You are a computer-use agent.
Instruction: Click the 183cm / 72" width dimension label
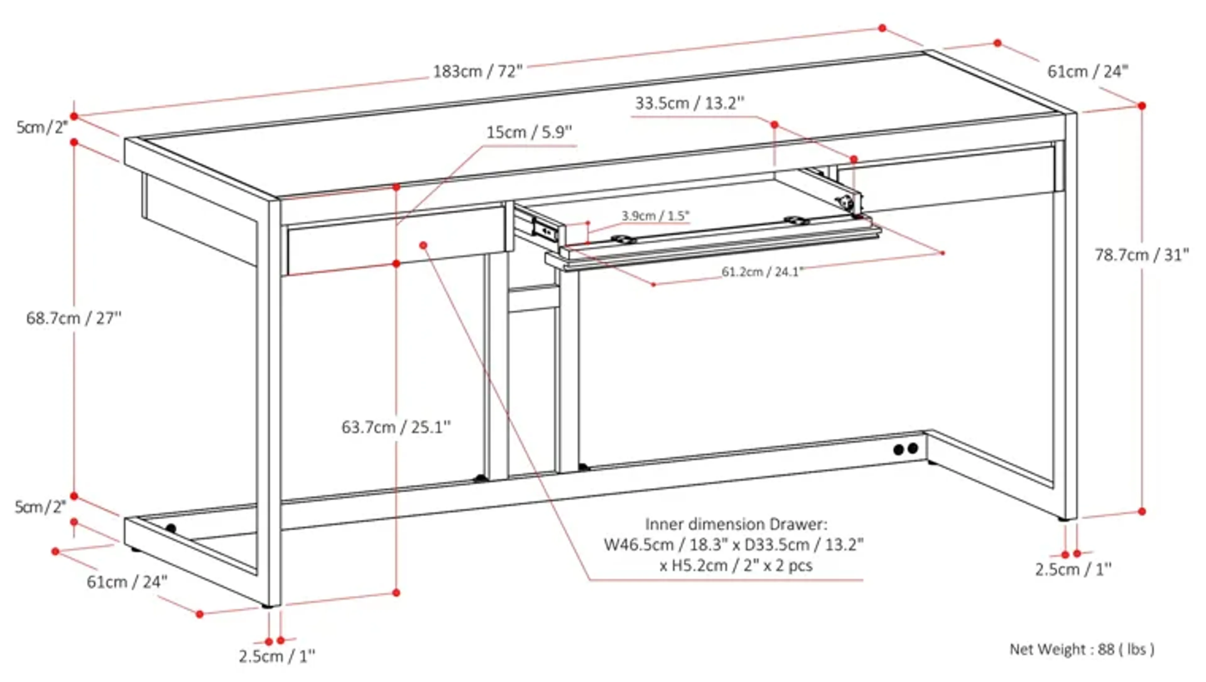pyautogui.click(x=477, y=72)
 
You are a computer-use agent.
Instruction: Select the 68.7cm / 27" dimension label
pyautogui.click(x=73, y=319)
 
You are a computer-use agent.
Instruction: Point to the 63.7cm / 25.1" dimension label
pyautogui.click(x=396, y=427)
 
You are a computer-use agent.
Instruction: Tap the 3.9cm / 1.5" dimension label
pyautogui.click(x=655, y=216)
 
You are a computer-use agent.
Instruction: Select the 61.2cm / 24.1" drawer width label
pyautogui.click(x=762, y=272)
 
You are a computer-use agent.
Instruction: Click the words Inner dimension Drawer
pyautogui.click(x=736, y=524)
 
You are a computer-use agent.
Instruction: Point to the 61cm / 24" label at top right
pyautogui.click(x=1087, y=72)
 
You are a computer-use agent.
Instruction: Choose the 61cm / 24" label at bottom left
pyautogui.click(x=127, y=582)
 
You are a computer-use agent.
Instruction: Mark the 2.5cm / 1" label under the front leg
pyautogui.click(x=277, y=657)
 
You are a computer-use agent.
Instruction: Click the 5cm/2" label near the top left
pyautogui.click(x=42, y=127)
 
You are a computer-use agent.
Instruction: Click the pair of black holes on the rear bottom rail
pyautogui.click(x=905, y=449)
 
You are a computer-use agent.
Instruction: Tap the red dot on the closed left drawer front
pyautogui.click(x=423, y=245)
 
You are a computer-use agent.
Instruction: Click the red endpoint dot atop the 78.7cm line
pyautogui.click(x=1142, y=106)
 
